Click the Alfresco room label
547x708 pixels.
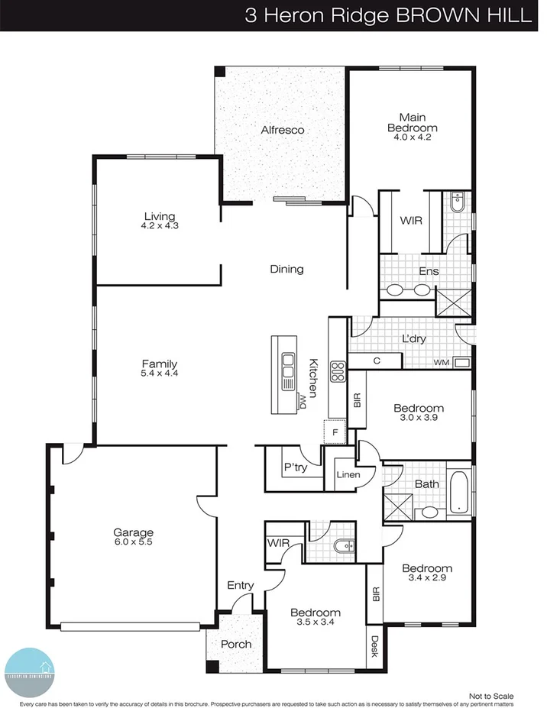[x=282, y=130]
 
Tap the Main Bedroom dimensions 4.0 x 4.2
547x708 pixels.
[x=413, y=137]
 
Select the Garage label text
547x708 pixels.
[x=134, y=532]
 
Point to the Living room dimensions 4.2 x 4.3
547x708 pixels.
[x=160, y=226]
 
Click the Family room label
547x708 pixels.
[x=160, y=364]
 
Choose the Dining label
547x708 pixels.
[x=286, y=269]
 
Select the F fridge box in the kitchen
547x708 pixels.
[x=333, y=432]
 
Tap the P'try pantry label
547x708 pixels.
[x=295, y=467]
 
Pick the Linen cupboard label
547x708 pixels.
[x=348, y=475]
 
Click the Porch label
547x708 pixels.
[x=236, y=644]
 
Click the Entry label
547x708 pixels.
[x=240, y=585]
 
